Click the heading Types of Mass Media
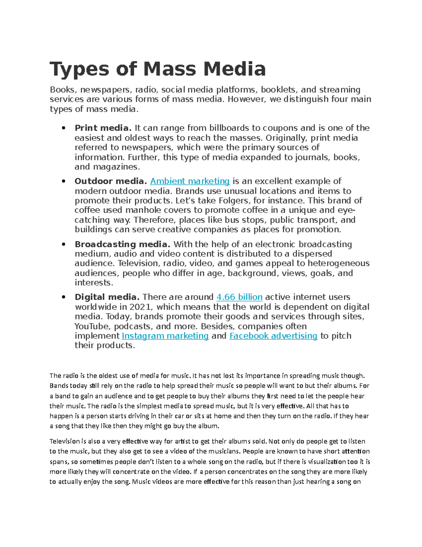pyautogui.click(x=158, y=69)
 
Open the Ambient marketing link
pyautogui.click(x=190, y=181)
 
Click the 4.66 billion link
pyautogui.click(x=239, y=297)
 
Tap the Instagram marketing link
pyautogui.click(x=165, y=336)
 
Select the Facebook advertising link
pyautogui.click(x=273, y=336)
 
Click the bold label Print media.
pyautogui.click(x=103, y=128)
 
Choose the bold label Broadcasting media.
pyautogui.click(x=122, y=244)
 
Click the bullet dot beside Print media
pyautogui.click(x=64, y=128)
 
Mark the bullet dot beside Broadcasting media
pyautogui.click(x=64, y=244)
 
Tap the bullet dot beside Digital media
pyautogui.click(x=64, y=297)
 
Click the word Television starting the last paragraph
pyautogui.click(x=64, y=441)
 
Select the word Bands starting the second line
pyautogui.click(x=58, y=386)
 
